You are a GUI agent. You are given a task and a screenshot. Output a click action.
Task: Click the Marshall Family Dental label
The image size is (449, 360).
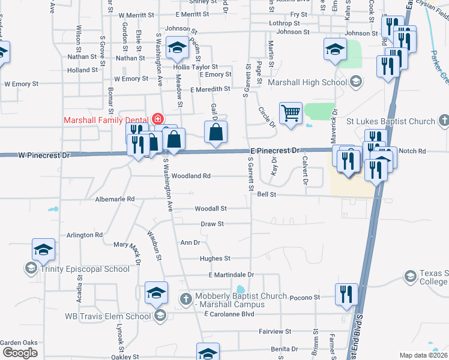(107, 119)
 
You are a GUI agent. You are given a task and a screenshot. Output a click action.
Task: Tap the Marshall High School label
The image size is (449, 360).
(307, 82)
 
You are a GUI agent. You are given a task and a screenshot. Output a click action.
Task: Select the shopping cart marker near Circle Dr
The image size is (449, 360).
(291, 112)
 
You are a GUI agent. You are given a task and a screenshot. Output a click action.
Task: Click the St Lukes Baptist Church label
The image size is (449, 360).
(391, 121)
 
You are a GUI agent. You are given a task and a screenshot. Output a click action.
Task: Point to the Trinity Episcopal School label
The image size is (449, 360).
(85, 268)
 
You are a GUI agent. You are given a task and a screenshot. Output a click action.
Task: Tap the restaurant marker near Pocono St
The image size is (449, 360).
(346, 295)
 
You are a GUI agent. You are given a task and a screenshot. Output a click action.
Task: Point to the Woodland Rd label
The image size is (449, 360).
(191, 176)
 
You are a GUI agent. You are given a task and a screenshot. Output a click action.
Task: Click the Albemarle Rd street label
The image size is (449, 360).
(115, 198)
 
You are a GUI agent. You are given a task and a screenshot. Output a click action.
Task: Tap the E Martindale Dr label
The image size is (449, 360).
(231, 275)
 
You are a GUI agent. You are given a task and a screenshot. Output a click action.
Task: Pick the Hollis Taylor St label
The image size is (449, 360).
(195, 67)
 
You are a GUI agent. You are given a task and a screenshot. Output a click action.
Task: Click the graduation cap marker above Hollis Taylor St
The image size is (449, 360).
(177, 48)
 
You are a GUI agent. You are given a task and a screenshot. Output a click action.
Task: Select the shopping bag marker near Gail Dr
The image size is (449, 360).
(216, 132)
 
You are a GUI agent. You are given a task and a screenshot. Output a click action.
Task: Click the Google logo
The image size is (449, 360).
(19, 352)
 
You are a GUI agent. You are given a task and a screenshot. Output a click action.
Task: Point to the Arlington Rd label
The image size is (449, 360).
(85, 235)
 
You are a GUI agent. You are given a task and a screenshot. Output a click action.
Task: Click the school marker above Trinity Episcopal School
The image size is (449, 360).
(43, 249)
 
